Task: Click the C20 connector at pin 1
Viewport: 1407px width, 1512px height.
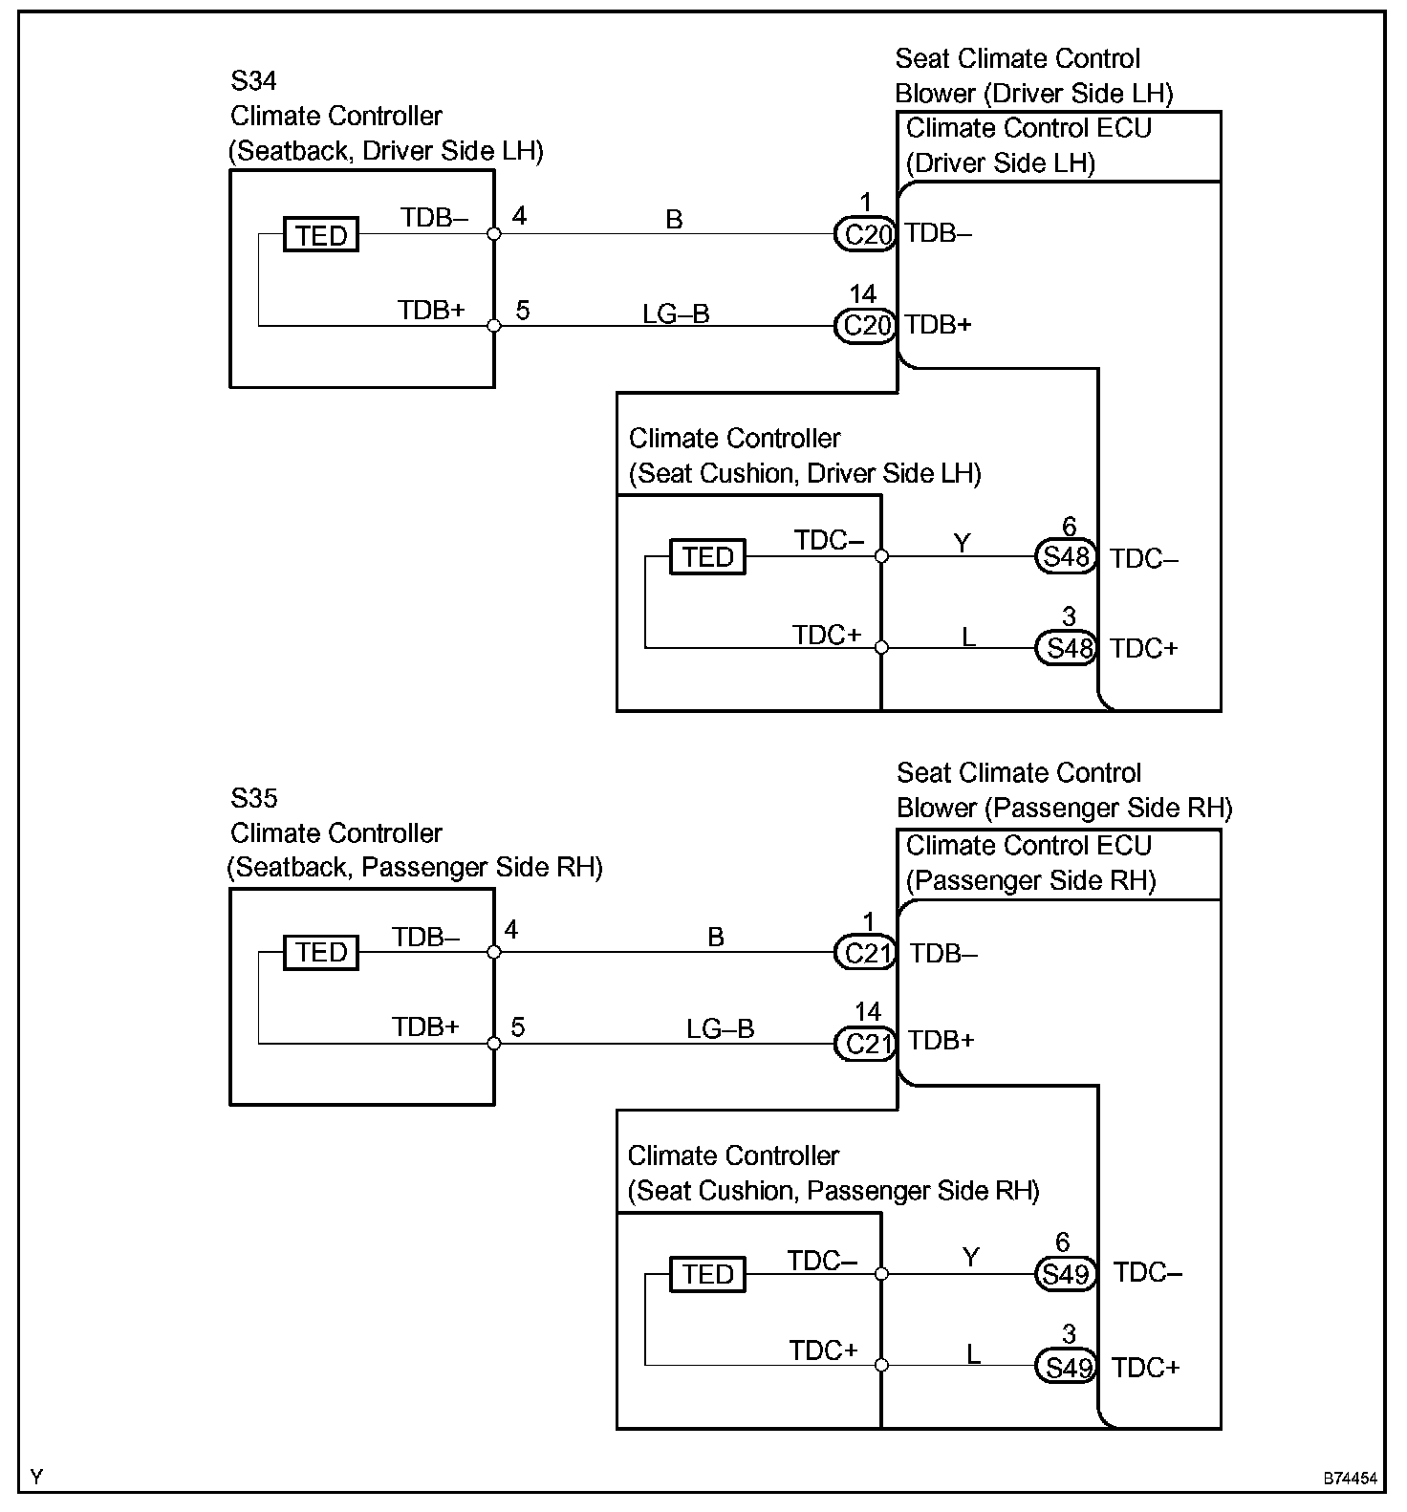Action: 865,234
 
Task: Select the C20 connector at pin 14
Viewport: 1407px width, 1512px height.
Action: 865,326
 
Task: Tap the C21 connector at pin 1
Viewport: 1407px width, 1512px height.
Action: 865,953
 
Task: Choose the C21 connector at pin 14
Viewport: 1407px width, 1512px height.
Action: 865,1044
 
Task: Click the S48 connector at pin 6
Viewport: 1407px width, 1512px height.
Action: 1066,556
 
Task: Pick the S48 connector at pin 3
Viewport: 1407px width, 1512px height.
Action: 1066,648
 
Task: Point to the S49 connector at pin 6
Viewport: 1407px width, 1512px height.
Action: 1066,1274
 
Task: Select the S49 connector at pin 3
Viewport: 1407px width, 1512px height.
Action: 1066,1367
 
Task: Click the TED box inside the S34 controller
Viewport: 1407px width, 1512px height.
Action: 321,235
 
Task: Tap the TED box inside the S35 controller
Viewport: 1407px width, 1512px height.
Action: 321,953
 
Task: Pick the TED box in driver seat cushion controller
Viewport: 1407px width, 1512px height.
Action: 707,556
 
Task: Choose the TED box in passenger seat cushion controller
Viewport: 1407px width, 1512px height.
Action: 707,1274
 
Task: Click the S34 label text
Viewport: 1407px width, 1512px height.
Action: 253,80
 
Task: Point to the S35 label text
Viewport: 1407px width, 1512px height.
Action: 253,798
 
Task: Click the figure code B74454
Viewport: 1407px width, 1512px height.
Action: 1350,1478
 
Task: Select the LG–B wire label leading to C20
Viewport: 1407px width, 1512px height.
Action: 676,313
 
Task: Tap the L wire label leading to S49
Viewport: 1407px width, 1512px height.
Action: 973,1353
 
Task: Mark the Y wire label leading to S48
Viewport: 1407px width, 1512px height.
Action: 963,543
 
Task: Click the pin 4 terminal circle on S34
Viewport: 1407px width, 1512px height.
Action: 494,234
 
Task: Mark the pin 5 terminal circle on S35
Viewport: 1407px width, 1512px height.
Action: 494,1044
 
